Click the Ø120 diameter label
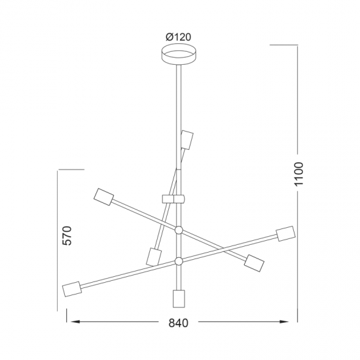[x=178, y=37]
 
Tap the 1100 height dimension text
[x=299, y=173]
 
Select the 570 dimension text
[x=67, y=236]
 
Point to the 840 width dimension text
[x=179, y=323]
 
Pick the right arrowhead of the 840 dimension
[x=284, y=321]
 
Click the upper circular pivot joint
[x=179, y=230]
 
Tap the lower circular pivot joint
[x=179, y=261]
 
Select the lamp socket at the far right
[x=285, y=234]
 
